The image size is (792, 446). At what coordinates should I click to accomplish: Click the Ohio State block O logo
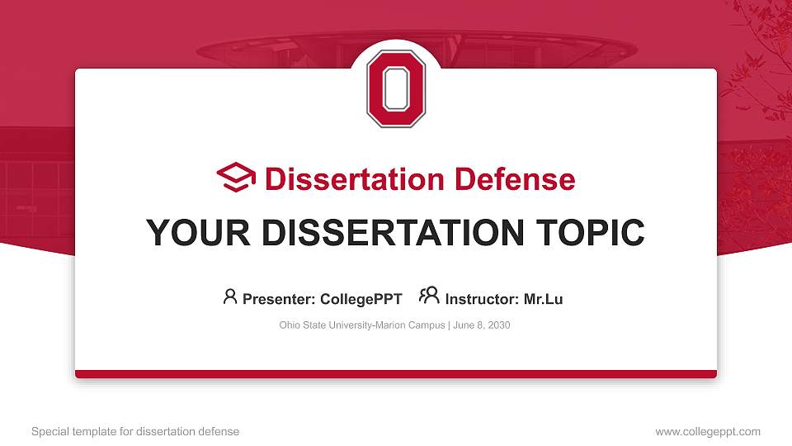coord(396,88)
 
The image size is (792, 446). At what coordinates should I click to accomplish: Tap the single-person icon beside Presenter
coord(230,297)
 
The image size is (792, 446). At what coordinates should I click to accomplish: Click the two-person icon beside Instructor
coord(428,296)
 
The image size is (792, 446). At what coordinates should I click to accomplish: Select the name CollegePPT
coord(361,299)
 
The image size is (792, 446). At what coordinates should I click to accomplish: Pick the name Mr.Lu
coord(543,299)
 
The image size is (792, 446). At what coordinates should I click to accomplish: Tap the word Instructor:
coord(482,299)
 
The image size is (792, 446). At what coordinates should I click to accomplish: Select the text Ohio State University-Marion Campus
coord(362,325)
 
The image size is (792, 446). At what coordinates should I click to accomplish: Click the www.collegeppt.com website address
coord(707,431)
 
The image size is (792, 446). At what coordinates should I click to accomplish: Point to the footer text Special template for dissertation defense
coord(135,431)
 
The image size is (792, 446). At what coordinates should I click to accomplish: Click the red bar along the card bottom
coord(396,374)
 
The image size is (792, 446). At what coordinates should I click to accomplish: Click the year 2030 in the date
coord(499,325)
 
